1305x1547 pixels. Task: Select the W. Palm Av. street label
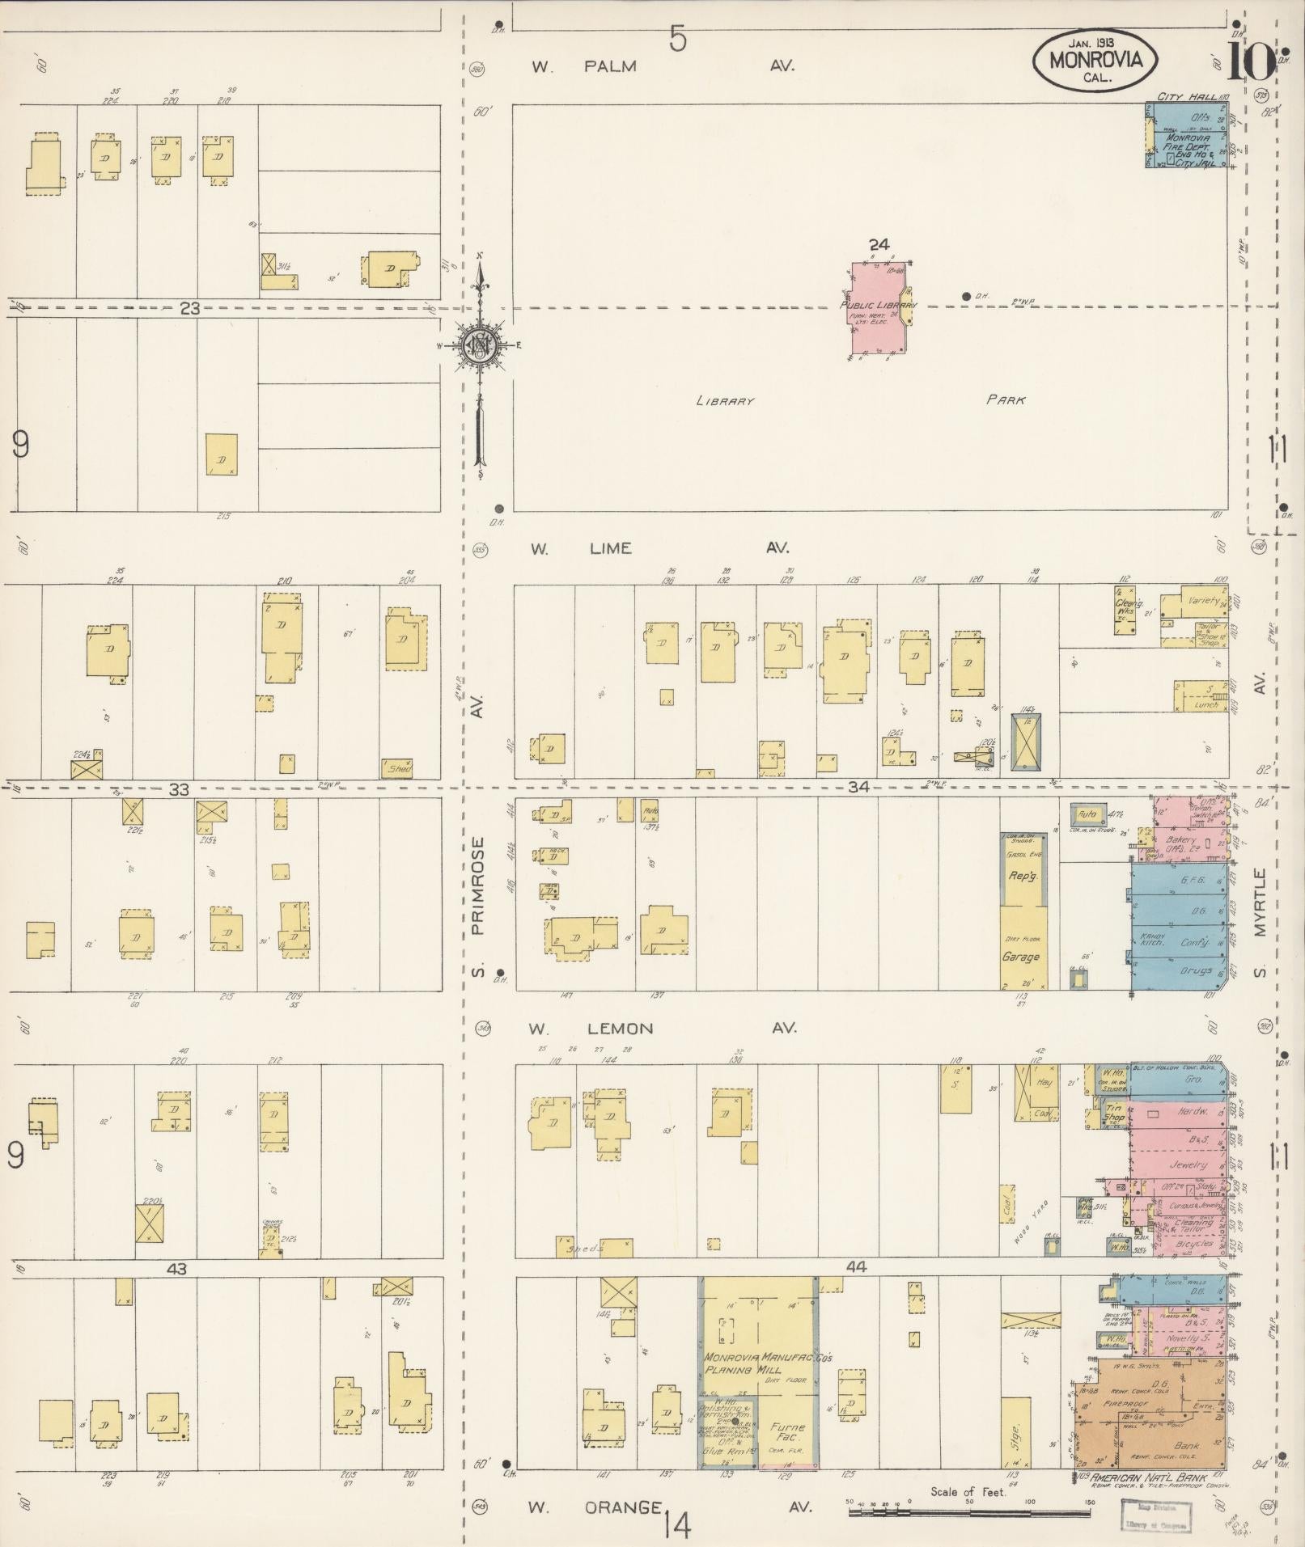(663, 66)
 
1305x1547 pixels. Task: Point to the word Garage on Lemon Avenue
(1021, 957)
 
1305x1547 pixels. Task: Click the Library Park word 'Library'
(725, 401)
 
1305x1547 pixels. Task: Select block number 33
(179, 789)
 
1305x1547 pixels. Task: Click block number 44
(857, 1267)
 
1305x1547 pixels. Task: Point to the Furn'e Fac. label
(787, 1432)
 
